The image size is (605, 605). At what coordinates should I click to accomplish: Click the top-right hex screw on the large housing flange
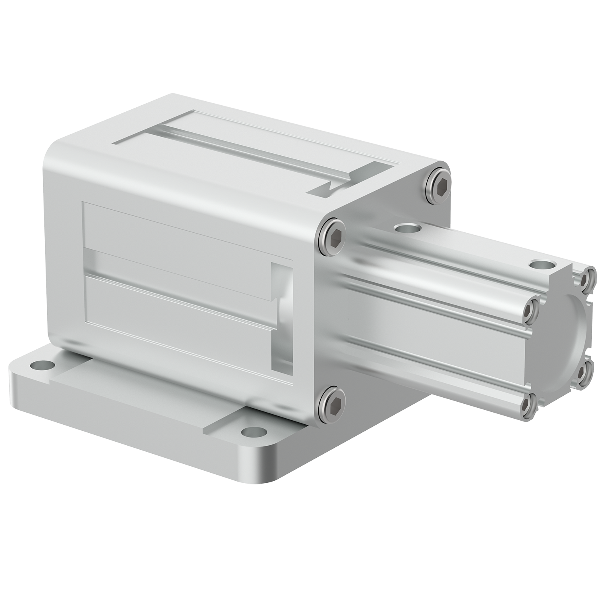pos(439,182)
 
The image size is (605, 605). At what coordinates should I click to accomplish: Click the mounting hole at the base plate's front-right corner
pos(251,431)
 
